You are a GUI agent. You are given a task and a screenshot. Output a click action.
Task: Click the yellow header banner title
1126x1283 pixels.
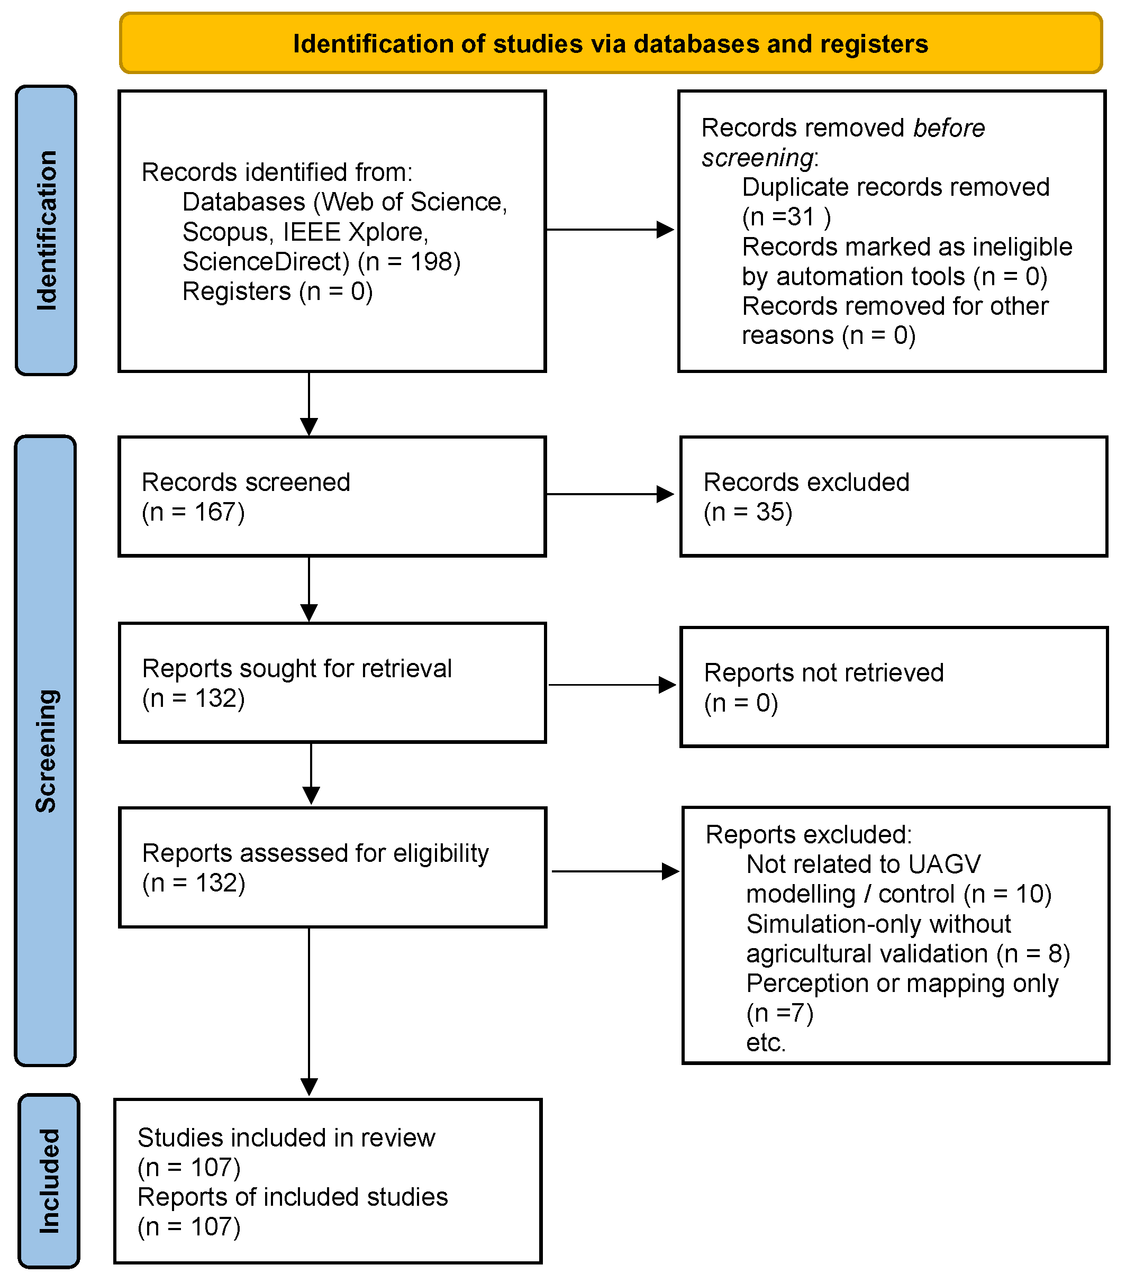point(610,44)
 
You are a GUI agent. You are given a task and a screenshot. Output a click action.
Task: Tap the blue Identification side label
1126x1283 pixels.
point(47,230)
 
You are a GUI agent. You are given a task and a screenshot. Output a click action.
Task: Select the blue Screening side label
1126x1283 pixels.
point(46,751)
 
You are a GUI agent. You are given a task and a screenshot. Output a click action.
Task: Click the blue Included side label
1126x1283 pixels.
point(49,1181)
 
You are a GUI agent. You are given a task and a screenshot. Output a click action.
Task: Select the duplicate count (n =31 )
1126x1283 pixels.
point(786,217)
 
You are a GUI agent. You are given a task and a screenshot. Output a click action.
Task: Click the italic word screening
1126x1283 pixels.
point(758,158)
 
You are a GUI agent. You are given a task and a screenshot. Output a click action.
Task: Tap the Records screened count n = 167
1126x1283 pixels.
point(193,512)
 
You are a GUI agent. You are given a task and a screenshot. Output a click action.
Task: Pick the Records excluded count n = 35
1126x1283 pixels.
point(748,512)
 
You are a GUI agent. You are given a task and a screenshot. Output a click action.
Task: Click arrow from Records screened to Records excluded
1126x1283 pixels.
point(610,494)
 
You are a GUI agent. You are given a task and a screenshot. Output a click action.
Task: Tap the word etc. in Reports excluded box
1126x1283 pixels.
point(765,1043)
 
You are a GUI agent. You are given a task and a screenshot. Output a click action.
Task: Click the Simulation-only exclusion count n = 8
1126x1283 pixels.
point(1032,953)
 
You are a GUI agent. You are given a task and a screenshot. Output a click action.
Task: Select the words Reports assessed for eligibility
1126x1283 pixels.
point(315,853)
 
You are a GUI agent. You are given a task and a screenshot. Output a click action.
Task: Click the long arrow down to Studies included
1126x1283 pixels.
point(310,1011)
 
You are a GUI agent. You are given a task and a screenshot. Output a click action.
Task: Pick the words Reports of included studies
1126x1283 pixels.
point(293,1197)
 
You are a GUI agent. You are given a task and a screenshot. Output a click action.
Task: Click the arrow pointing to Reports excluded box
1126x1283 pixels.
point(615,871)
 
